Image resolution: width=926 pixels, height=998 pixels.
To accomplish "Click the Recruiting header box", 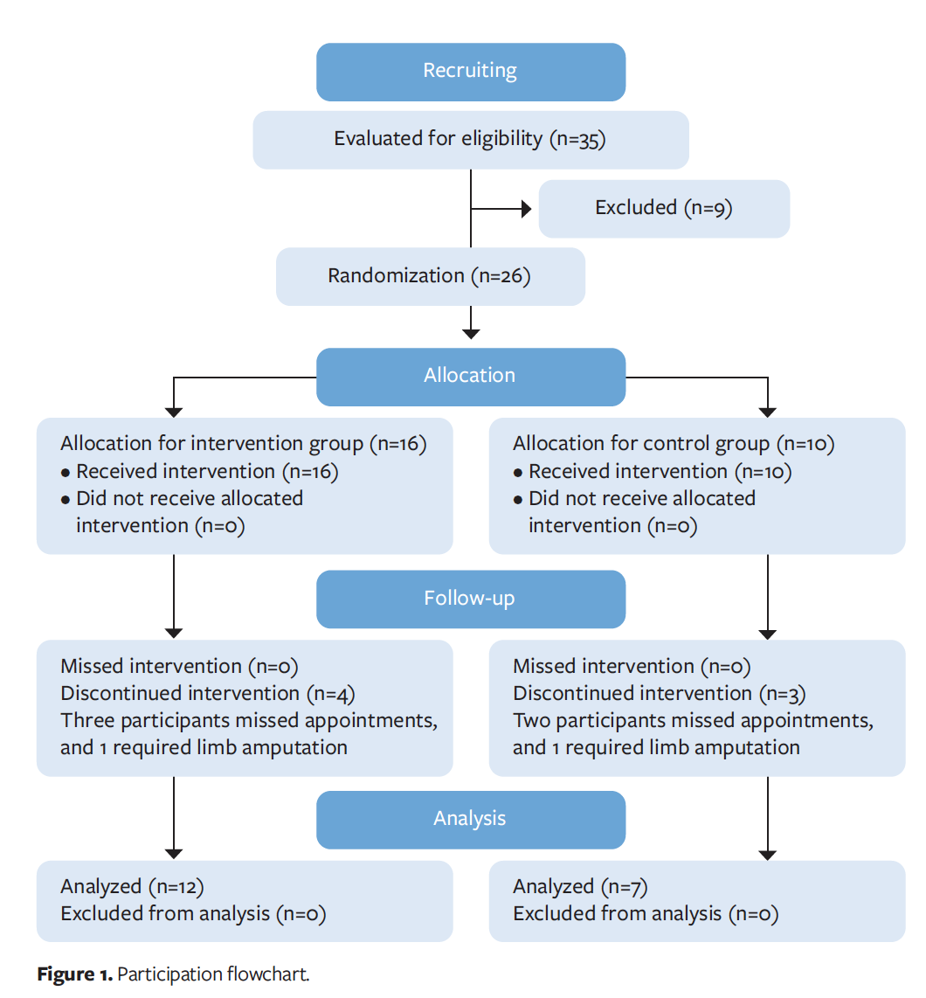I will click(x=470, y=72).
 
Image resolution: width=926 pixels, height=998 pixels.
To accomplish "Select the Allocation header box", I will click(x=470, y=376).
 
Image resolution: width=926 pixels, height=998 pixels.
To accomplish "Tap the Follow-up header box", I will click(x=470, y=599).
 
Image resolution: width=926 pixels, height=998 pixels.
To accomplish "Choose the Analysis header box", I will click(x=470, y=819).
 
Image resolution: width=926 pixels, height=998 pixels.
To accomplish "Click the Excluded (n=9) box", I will click(x=663, y=208).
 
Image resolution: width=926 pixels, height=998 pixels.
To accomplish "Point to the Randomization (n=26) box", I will click(x=430, y=276).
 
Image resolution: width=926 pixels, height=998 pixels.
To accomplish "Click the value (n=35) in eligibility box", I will click(x=577, y=140).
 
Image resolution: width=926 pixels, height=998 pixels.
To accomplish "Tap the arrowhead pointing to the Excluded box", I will click(x=527, y=209).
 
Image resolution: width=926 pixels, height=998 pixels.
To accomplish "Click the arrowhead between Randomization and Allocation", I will click(x=471, y=333).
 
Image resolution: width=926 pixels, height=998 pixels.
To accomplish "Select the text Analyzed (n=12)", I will click(x=132, y=887).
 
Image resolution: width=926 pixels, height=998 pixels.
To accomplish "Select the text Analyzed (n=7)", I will click(x=580, y=887).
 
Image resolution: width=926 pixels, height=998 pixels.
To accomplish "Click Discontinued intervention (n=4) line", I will click(x=208, y=694).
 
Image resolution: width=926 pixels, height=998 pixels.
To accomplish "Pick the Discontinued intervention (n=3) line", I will click(x=660, y=694).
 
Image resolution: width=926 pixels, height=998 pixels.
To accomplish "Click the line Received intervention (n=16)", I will click(x=207, y=472).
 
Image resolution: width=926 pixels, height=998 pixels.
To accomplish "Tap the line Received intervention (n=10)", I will click(x=660, y=472).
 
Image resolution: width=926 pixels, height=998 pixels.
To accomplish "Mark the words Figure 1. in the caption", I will click(x=75, y=974).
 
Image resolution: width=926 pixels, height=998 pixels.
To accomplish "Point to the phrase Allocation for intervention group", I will click(x=212, y=444).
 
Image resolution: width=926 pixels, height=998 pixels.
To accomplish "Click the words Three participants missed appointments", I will click(x=249, y=721).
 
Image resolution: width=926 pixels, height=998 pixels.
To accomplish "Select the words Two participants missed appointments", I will click(x=693, y=721).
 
